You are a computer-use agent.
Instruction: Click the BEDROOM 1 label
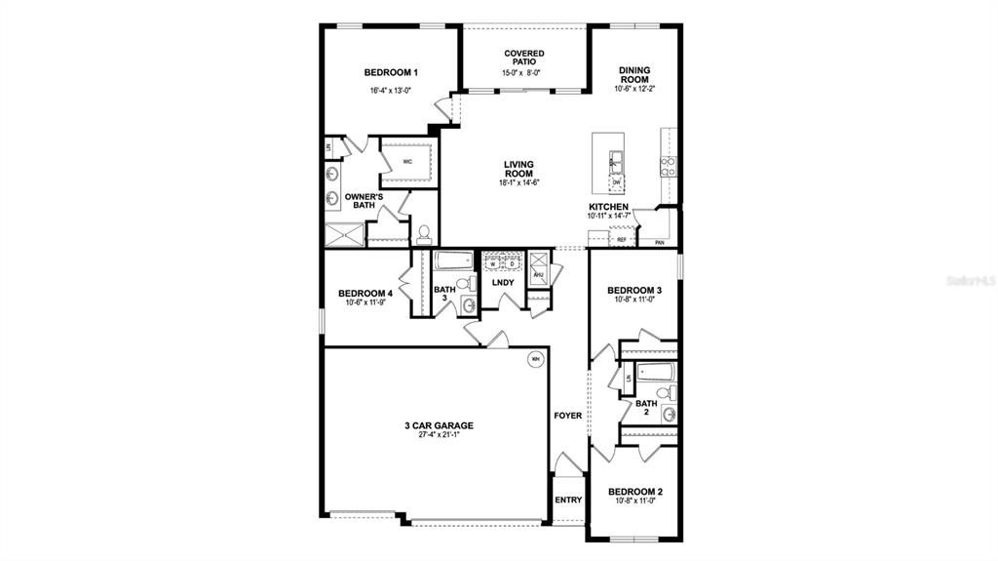click(x=391, y=72)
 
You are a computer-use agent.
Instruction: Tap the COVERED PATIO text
click(x=524, y=58)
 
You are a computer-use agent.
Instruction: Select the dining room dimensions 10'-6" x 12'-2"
click(x=634, y=89)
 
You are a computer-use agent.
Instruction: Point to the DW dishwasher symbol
click(x=617, y=182)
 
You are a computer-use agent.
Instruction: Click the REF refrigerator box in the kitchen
click(x=621, y=239)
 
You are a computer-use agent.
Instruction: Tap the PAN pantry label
click(x=660, y=242)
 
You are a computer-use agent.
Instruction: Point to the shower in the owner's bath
click(x=343, y=234)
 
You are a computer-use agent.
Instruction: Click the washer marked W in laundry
click(x=493, y=263)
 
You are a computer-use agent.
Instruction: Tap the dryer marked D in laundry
click(x=511, y=263)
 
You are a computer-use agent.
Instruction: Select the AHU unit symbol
click(x=538, y=275)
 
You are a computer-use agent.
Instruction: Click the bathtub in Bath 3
click(x=453, y=260)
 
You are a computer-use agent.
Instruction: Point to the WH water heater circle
click(x=535, y=359)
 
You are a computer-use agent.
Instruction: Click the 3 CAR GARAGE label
click(x=439, y=425)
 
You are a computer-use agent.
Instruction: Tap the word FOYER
click(x=568, y=416)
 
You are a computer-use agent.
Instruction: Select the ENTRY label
click(x=568, y=501)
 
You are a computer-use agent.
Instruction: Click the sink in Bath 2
click(x=669, y=415)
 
